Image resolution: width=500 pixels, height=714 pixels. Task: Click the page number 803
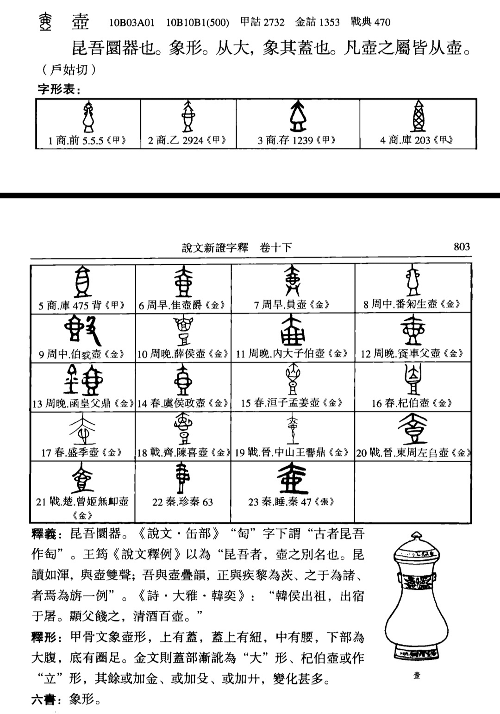462,247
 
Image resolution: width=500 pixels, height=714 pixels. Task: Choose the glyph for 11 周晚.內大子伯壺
292,330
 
